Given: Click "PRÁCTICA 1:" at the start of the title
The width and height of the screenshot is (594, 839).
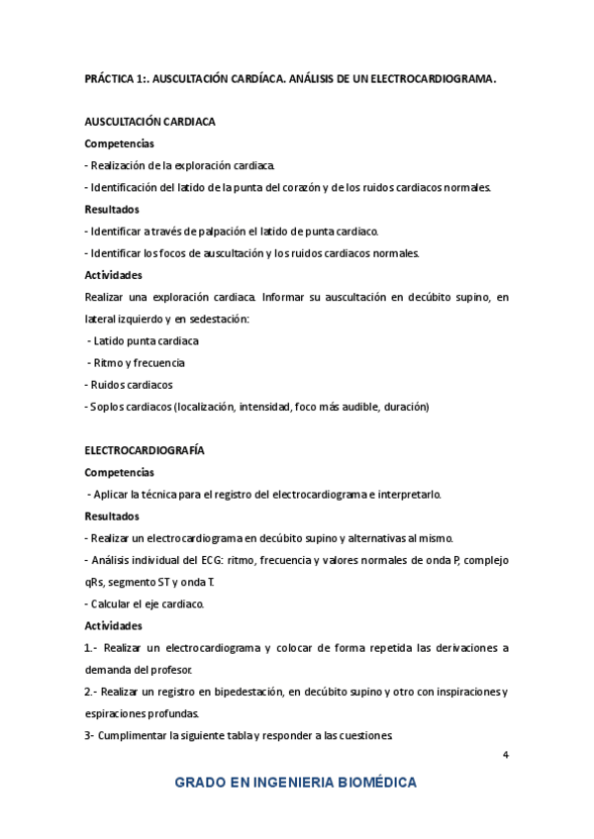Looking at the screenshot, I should [x=117, y=77].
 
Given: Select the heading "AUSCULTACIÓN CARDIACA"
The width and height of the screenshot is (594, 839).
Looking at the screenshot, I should [x=150, y=122].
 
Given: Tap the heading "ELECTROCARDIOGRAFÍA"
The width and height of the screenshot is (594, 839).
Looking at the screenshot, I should [x=145, y=450].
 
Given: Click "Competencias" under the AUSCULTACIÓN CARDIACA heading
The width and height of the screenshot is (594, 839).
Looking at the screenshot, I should [x=119, y=143].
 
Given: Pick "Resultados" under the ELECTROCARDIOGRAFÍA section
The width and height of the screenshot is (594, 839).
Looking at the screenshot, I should [x=112, y=515].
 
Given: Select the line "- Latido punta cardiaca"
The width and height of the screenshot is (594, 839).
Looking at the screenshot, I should [x=144, y=340].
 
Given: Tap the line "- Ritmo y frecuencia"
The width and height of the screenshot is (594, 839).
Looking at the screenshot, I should [x=136, y=362].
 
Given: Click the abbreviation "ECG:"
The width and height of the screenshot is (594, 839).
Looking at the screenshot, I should [x=211, y=560].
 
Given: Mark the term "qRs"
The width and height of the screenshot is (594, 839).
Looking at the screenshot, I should [x=96, y=582].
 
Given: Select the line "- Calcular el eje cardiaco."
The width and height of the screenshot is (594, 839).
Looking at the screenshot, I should [x=145, y=604].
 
